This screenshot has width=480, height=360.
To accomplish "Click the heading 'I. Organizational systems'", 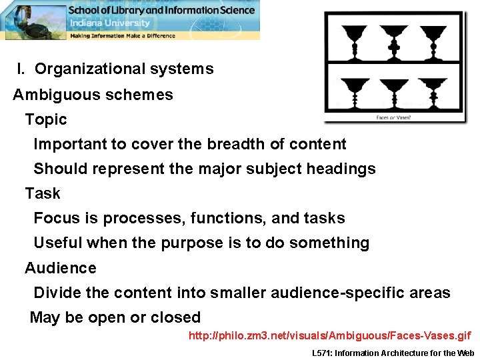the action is pyautogui.click(x=115, y=69).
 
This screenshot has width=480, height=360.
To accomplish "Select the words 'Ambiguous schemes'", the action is pyautogui.click(x=93, y=94).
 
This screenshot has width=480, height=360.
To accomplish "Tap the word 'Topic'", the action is pyautogui.click(x=46, y=119).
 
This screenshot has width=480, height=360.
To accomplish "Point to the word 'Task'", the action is pyautogui.click(x=43, y=193).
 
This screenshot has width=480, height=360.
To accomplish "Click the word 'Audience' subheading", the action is pyautogui.click(x=61, y=268).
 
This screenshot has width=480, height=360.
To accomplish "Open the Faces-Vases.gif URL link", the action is pyautogui.click(x=329, y=335).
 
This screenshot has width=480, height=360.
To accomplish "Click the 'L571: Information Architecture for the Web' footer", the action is pyautogui.click(x=393, y=353).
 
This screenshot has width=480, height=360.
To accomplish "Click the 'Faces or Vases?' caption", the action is pyautogui.click(x=393, y=118).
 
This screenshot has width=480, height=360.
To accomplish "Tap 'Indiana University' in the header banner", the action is pyautogui.click(x=111, y=23).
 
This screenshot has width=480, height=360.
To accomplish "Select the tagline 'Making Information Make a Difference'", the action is pyautogui.click(x=123, y=35).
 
